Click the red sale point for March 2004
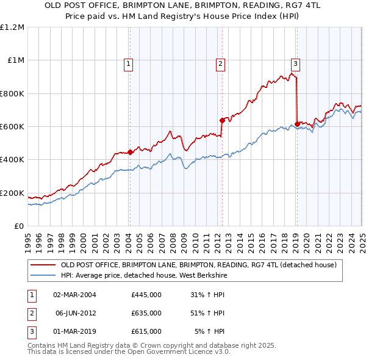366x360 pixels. [x=130, y=153]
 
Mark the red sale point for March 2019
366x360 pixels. [x=297, y=124]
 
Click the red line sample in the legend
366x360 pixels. [x=43, y=265]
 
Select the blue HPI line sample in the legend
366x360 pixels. [x=43, y=275]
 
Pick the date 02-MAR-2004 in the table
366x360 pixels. [x=75, y=294]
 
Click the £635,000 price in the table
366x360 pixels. [x=146, y=313]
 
